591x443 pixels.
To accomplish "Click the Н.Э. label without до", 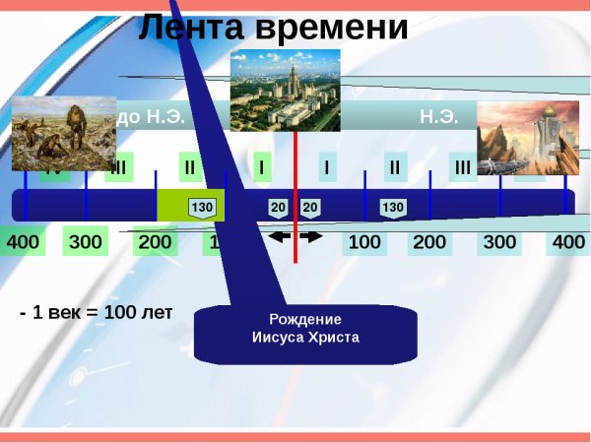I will coord(438,117).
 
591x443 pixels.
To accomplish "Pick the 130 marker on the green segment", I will coord(202,208).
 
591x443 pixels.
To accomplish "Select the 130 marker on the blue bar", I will coord(392,207).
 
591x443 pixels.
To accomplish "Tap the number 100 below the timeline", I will coord(365,242).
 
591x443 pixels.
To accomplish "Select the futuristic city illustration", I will coord(528,139).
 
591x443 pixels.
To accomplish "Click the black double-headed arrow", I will coord(295,237).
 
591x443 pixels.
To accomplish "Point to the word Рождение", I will coord(305,319).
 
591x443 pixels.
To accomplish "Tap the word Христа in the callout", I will coord(333,337).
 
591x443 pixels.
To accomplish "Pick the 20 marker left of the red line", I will coord(278,207).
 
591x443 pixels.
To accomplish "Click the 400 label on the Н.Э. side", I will coord(569,242).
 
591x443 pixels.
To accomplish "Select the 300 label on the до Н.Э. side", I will coord(86,242).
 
